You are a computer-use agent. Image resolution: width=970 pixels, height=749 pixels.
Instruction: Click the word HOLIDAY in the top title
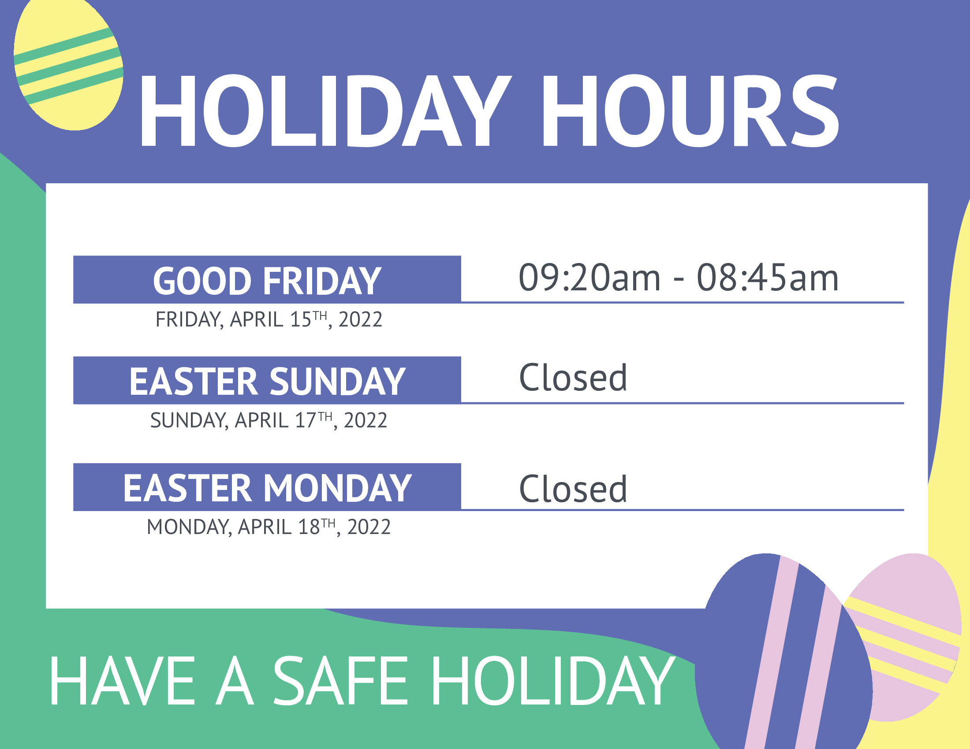pos(325,111)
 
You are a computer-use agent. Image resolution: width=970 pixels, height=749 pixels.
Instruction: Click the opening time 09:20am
pos(589,277)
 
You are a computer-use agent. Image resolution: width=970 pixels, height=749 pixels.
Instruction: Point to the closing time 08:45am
pos(768,277)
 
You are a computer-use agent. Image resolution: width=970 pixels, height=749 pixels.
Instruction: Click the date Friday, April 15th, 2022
pos(269,319)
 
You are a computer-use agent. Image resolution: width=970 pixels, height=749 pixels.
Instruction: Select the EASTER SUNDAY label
pos(267,381)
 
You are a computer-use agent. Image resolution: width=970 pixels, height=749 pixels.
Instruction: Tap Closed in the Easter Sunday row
pos(573,378)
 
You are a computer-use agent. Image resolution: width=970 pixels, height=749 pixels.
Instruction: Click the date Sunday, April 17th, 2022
pos(269,420)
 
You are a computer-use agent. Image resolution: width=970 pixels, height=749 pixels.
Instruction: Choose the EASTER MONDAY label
pos(267,488)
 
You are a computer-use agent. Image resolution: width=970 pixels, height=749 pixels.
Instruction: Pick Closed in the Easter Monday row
pos(573,489)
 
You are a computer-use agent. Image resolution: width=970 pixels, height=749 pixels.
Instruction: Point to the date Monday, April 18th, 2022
pos(269,527)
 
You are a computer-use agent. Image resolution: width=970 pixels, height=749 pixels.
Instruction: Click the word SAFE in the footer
pos(340,681)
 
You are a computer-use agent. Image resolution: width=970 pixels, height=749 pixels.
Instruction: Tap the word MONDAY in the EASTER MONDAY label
pos(338,488)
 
